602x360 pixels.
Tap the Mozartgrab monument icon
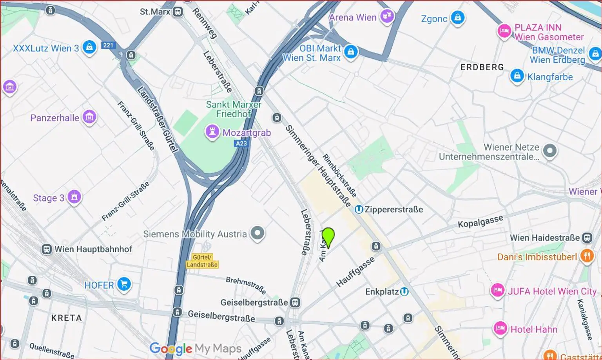pyautogui.click(x=212, y=132)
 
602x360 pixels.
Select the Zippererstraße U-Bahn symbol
pyautogui.click(x=359, y=209)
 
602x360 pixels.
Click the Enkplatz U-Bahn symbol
pyautogui.click(x=404, y=291)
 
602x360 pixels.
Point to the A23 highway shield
pyautogui.click(x=241, y=144)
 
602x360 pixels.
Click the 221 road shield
pyautogui.click(x=108, y=45)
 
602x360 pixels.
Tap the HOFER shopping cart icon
pyautogui.click(x=124, y=284)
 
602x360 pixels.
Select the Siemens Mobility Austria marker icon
pyautogui.click(x=257, y=233)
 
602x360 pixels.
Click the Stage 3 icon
pyautogui.click(x=74, y=197)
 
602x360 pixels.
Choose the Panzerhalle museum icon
pyautogui.click(x=89, y=116)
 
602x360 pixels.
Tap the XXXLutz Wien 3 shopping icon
pyautogui.click(x=89, y=47)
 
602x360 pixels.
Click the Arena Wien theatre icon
pyautogui.click(x=387, y=16)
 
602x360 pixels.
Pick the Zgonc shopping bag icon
pyautogui.click(x=457, y=17)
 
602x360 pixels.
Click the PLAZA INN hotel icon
pyautogui.click(x=504, y=31)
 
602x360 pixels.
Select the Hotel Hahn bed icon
pyautogui.click(x=500, y=328)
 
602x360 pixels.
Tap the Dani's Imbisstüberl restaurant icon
pyautogui.click(x=587, y=256)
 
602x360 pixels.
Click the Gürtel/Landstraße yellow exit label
pyautogui.click(x=202, y=261)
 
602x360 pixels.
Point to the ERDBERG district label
pyautogui.click(x=482, y=67)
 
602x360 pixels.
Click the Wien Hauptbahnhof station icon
pyautogui.click(x=47, y=249)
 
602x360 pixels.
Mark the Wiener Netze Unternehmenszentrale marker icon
pyautogui.click(x=549, y=151)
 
